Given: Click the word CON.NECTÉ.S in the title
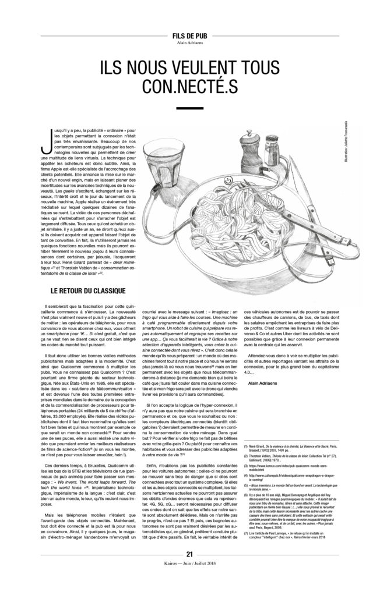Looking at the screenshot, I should (189, 86).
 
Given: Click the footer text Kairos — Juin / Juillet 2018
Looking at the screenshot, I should (189, 581).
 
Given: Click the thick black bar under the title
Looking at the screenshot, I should (189, 108).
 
